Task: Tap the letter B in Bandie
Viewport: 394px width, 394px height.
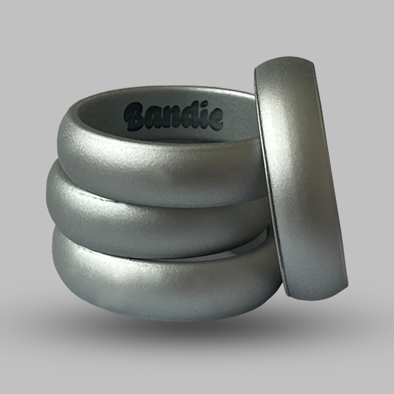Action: [x=137, y=116]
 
